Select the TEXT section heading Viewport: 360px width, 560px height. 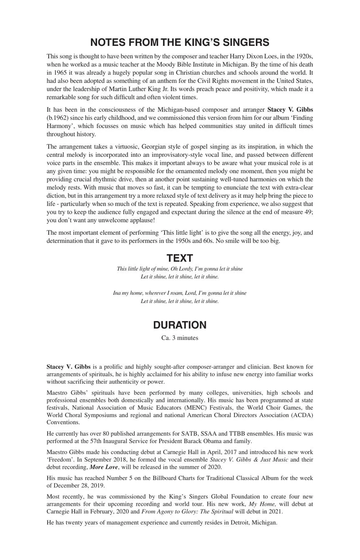click(180, 258)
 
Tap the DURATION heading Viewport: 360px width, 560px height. click(180, 325)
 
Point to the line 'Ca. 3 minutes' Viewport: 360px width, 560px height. click(180, 338)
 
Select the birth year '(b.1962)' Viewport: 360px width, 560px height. click(57, 118)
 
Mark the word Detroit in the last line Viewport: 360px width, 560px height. click(240, 522)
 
